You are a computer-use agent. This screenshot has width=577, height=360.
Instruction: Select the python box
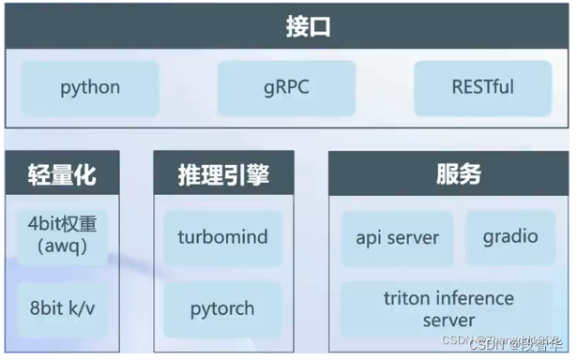tap(90, 87)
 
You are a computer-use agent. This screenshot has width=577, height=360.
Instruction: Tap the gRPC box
tap(287, 87)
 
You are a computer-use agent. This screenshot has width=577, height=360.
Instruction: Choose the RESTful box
tap(483, 87)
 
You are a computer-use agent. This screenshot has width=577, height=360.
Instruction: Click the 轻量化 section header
tap(62, 173)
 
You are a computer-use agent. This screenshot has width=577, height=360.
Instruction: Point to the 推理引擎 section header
tap(223, 173)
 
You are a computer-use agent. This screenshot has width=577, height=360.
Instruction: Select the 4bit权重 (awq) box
tap(62, 235)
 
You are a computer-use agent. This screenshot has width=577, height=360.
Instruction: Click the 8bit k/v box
tap(62, 307)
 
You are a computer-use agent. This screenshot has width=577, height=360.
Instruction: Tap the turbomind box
tap(222, 235)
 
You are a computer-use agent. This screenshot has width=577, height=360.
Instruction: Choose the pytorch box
tap(222, 307)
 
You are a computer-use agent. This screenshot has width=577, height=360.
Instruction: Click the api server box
tap(397, 237)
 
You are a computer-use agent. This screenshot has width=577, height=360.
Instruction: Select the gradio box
tap(510, 236)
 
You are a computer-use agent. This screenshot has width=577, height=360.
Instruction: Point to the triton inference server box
tap(448, 309)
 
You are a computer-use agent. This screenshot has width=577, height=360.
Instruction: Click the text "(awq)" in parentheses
tap(61, 247)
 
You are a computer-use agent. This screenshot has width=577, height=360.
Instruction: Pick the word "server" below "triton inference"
tap(448, 320)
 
